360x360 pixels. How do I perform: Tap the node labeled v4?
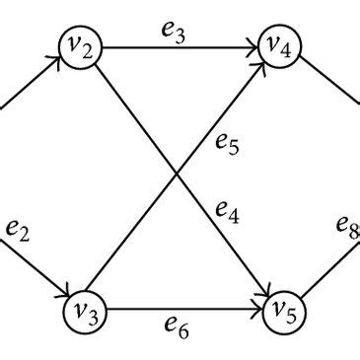pos(279,46)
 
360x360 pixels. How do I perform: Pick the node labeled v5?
pos(283,312)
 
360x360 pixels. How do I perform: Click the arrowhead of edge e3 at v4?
pos(253,46)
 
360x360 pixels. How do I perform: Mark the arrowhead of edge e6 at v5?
pos(257,312)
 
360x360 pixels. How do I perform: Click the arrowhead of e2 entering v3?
pos(61,293)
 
